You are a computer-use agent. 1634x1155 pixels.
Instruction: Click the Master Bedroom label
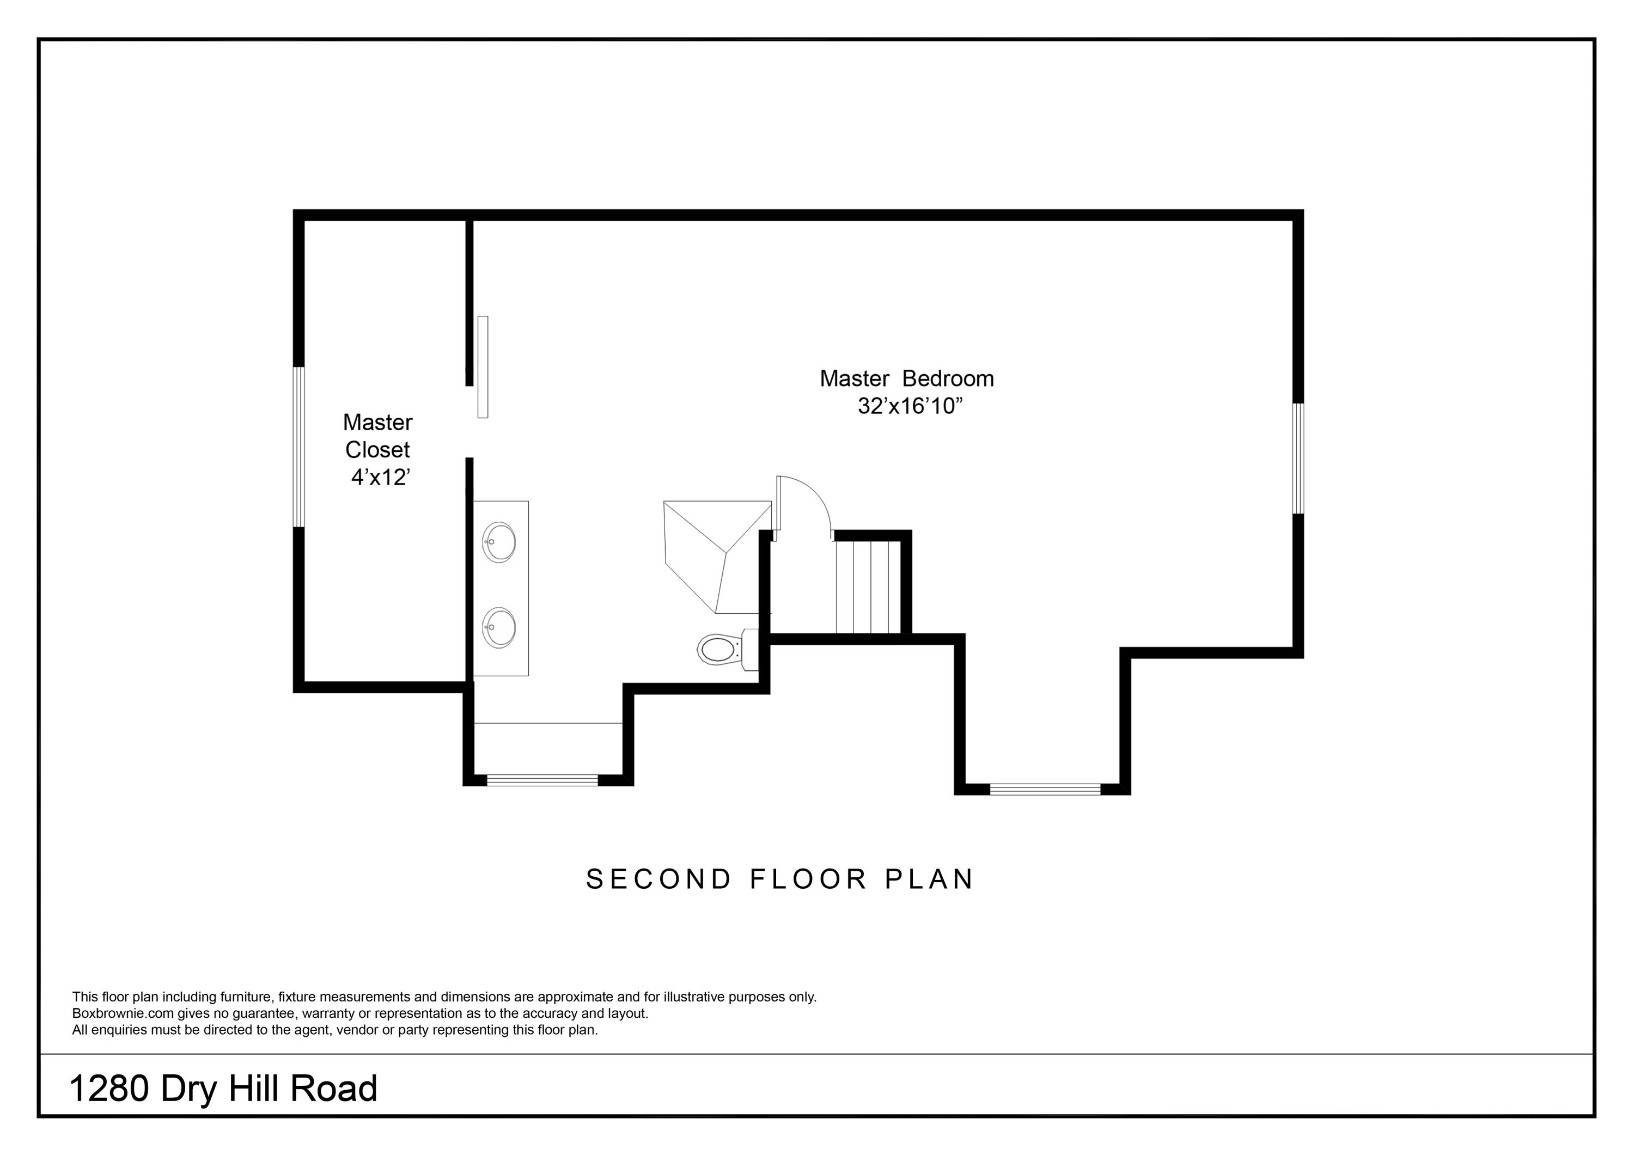[907, 378]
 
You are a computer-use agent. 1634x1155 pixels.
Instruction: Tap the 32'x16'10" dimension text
[910, 406]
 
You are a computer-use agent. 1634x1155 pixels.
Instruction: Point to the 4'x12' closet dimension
[381, 478]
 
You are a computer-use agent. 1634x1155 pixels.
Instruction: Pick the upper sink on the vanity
[499, 542]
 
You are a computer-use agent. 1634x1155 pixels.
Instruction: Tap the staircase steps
[868, 587]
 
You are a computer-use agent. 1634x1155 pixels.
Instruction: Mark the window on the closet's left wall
[299, 447]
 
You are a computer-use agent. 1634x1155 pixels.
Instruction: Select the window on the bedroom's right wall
[1298, 459]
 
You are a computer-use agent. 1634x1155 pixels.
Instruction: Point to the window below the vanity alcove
[542, 780]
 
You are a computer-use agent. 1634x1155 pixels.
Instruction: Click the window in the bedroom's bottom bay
[1045, 789]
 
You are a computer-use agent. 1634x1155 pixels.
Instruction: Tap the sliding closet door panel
[483, 366]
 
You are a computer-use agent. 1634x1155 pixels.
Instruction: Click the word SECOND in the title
[659, 879]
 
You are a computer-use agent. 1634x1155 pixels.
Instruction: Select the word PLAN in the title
[929, 879]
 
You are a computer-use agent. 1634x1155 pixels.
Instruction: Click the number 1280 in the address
[109, 1089]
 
